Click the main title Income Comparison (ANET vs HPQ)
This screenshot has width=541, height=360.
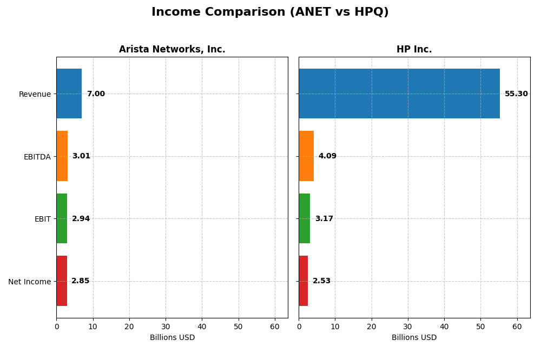click(270, 12)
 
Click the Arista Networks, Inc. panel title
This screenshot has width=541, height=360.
click(172, 50)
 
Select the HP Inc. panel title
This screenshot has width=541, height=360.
click(414, 50)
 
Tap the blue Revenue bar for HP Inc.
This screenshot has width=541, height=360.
click(399, 94)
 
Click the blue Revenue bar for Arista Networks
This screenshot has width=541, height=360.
click(69, 94)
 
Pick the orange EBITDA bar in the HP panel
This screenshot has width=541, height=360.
click(306, 156)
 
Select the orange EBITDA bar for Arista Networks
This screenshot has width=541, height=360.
click(62, 156)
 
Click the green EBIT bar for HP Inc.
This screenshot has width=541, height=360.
click(305, 218)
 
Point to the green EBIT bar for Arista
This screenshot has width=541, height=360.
click(62, 218)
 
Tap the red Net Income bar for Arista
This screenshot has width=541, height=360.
click(62, 281)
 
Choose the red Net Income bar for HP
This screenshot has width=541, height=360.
click(304, 281)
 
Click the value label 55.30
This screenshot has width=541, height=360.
click(516, 94)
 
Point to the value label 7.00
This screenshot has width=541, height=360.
click(96, 94)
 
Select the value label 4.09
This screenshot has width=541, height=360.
click(327, 156)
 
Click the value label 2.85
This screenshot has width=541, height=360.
click(81, 281)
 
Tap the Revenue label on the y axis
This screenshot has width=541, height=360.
click(35, 94)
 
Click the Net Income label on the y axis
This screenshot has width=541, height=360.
click(29, 282)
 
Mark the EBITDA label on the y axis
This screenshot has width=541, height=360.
click(37, 157)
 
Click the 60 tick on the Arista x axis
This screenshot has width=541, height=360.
click(275, 327)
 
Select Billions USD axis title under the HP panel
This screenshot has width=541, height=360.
click(414, 338)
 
